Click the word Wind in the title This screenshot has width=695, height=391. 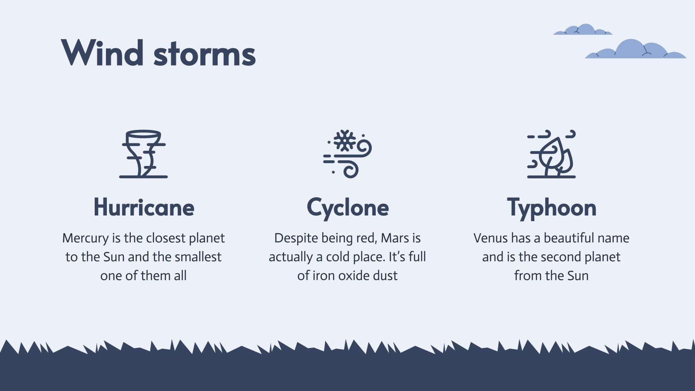103,53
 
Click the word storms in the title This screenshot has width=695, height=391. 204,55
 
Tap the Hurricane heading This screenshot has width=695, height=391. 144,208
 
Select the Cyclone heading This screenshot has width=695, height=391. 347,208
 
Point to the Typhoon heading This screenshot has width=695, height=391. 551,208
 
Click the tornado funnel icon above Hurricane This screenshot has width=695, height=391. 143,154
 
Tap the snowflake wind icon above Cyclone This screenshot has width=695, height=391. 347,154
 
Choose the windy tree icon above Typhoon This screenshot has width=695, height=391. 551,154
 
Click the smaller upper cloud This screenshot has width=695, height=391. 583,30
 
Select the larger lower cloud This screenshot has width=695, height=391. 635,50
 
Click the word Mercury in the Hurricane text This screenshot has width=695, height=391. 86,238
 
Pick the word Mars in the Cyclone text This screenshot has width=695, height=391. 395,238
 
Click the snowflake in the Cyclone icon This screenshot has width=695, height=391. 344,140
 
